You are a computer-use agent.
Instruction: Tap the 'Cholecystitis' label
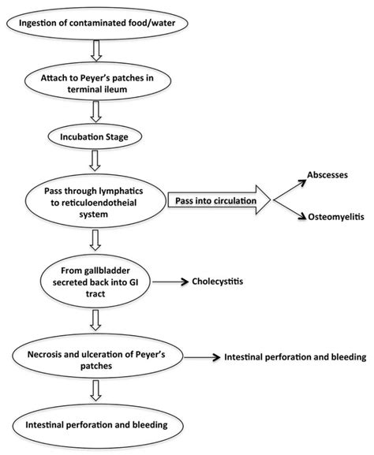(x=236, y=280)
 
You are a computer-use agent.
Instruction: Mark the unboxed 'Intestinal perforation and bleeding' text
(x=292, y=356)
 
